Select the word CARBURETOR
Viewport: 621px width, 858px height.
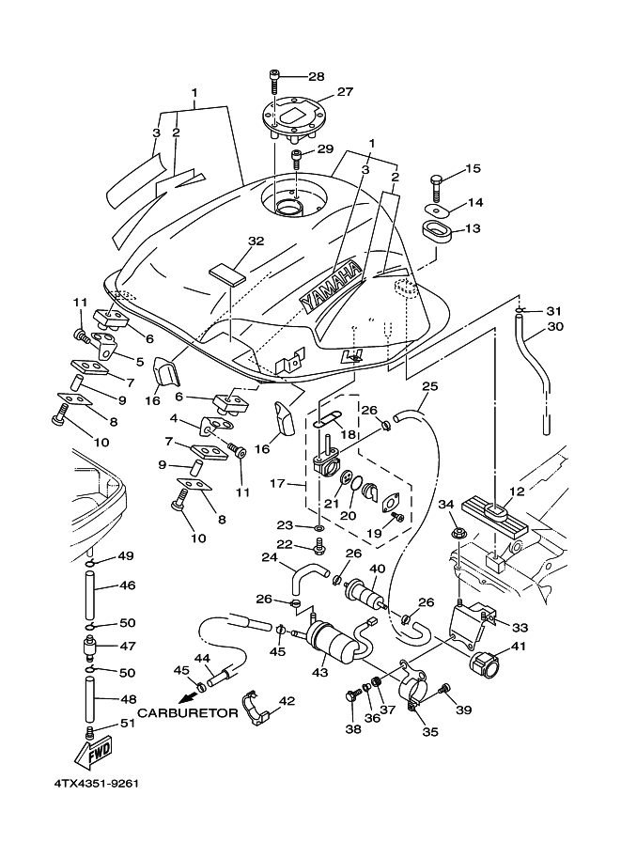point(188,713)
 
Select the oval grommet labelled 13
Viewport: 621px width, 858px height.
point(437,229)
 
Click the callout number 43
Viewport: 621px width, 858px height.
point(322,672)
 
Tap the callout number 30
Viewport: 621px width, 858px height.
point(554,327)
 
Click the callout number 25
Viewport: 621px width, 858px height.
point(428,386)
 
